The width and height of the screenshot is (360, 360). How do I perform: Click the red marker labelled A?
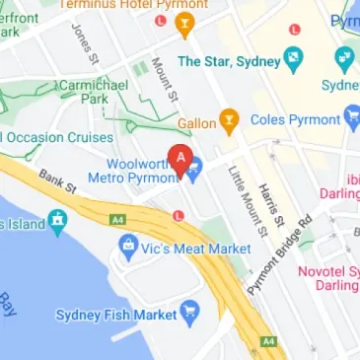[180, 158]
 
